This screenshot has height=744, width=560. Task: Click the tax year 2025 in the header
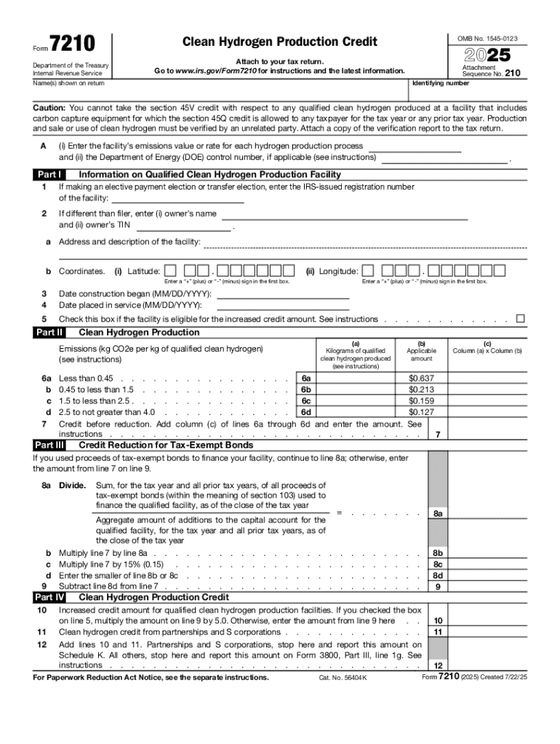487,54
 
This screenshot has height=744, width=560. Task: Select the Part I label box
49,174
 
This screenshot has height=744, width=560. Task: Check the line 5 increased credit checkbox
520,319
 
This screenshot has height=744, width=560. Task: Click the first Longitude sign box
369,271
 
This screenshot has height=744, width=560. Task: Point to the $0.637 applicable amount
421,378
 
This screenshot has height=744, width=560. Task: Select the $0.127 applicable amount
421,412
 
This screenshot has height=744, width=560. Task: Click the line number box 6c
306,400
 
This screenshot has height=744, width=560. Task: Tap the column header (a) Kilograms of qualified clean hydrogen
356,354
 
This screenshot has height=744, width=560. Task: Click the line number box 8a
438,514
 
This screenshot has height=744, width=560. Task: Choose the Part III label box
49,445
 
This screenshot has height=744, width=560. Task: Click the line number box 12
438,666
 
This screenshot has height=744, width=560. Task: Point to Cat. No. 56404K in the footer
343,678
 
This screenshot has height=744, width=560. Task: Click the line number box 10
438,621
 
